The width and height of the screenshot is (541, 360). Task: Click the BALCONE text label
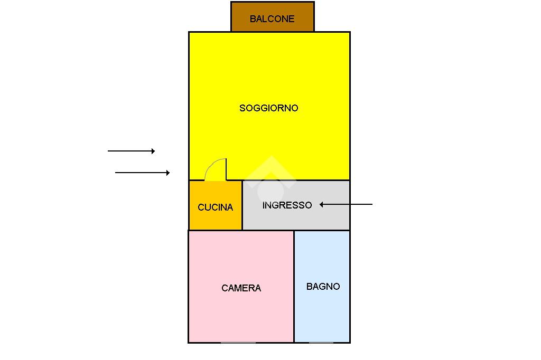272,19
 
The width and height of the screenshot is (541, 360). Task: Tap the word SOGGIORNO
269,108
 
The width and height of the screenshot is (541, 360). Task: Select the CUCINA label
215,207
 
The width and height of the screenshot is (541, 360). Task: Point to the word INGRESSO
287,205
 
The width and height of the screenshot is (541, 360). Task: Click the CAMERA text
241,288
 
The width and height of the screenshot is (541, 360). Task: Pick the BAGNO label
323,287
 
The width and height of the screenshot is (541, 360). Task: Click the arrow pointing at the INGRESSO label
349,204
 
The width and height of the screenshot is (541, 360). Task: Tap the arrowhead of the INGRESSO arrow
321,204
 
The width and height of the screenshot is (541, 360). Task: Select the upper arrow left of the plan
131,151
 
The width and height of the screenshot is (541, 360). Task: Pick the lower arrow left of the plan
142,173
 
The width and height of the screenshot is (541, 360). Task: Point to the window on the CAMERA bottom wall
238,343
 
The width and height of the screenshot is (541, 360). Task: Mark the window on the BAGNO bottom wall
321,343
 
